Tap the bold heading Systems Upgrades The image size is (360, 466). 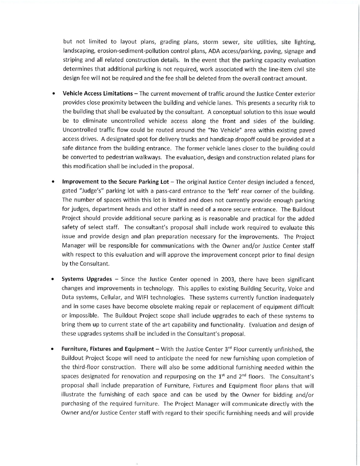click(87, 280)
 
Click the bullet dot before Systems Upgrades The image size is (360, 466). click(55, 280)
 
